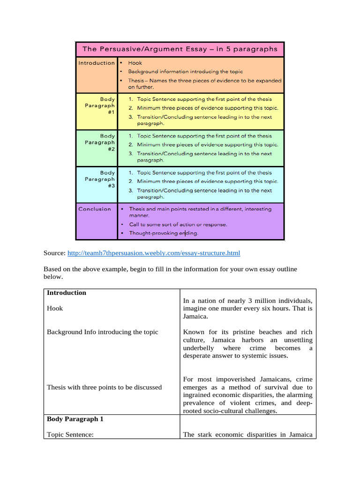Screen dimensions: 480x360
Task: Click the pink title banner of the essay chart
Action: pos(180,49)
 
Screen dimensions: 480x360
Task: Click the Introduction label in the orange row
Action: pos(96,63)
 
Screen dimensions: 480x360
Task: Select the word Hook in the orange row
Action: pos(135,63)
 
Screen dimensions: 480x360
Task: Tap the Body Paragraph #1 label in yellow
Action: pos(100,106)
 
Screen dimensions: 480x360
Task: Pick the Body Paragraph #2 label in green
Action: pos(100,142)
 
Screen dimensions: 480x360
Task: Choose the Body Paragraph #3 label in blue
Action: pos(100,179)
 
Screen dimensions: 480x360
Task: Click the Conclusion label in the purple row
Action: pos(95,209)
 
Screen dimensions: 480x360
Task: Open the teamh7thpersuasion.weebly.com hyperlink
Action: pos(154,253)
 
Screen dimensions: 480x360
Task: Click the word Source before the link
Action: pos(54,253)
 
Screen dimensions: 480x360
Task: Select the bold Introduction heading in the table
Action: pos(67,293)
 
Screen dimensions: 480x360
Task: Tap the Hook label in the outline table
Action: pos(55,308)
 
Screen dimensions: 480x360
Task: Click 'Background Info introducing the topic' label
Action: pos(103,332)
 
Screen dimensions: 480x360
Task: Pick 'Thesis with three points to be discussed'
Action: pos(104,387)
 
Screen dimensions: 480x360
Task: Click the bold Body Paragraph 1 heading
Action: pos(75,419)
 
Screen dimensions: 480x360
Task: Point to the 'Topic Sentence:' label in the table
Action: pos(70,435)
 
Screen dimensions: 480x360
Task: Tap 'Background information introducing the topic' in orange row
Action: pos(185,72)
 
